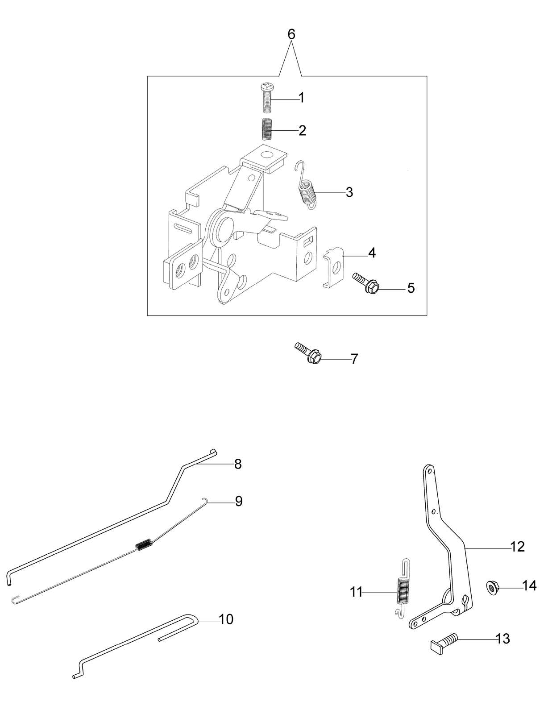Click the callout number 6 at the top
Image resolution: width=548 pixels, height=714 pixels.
pyautogui.click(x=291, y=34)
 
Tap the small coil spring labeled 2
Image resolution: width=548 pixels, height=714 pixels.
pyautogui.click(x=267, y=130)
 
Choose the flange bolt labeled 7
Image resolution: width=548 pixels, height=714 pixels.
pyautogui.click(x=307, y=353)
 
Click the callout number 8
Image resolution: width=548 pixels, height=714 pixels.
pyautogui.click(x=238, y=464)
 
